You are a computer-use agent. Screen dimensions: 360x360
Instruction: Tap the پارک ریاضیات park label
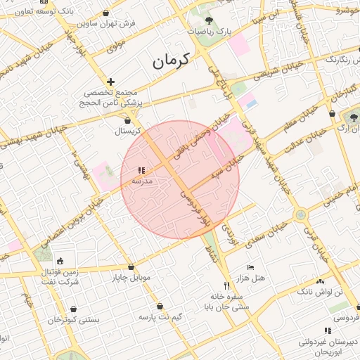coord(213,32)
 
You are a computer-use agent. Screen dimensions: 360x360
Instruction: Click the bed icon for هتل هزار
coord(250,267)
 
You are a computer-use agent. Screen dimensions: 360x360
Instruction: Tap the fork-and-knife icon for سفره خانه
coord(226,285)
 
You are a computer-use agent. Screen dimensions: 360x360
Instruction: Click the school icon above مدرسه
coord(142,170)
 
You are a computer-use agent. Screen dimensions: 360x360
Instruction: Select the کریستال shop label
coord(128,131)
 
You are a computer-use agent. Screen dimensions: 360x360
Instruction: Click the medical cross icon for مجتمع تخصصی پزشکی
coord(110,82)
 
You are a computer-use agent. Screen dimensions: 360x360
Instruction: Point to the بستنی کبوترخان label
coord(74,319)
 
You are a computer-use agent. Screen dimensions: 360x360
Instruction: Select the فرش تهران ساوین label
coord(106,22)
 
